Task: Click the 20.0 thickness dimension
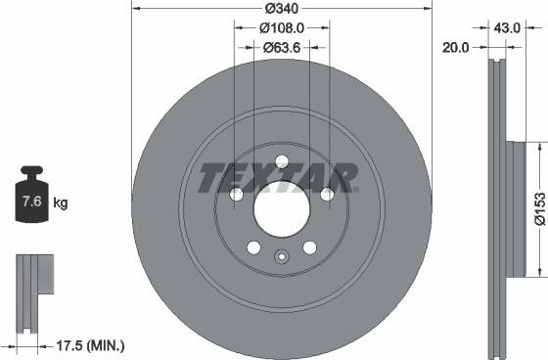pos(456,46)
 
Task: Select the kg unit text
pos(60,203)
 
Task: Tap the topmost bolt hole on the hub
pos(281,162)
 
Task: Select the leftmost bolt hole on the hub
pos(236,195)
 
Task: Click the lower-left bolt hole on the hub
pos(253,247)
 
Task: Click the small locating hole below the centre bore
pos(281,258)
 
